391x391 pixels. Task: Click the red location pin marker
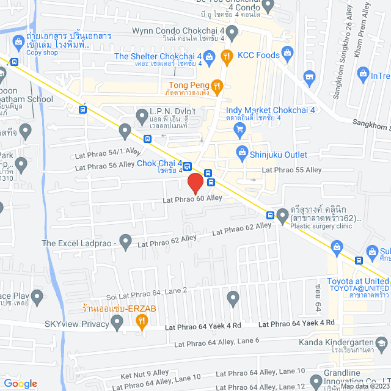click(x=195, y=183)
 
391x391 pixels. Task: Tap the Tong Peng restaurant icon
click(x=217, y=86)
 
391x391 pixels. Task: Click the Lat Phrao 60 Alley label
click(x=192, y=199)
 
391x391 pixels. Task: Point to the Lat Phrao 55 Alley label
click(x=291, y=169)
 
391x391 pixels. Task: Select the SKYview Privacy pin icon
click(x=118, y=324)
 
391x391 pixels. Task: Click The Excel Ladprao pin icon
click(x=125, y=243)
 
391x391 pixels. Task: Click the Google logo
click(x=20, y=383)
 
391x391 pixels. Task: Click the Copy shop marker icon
click(x=17, y=41)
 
